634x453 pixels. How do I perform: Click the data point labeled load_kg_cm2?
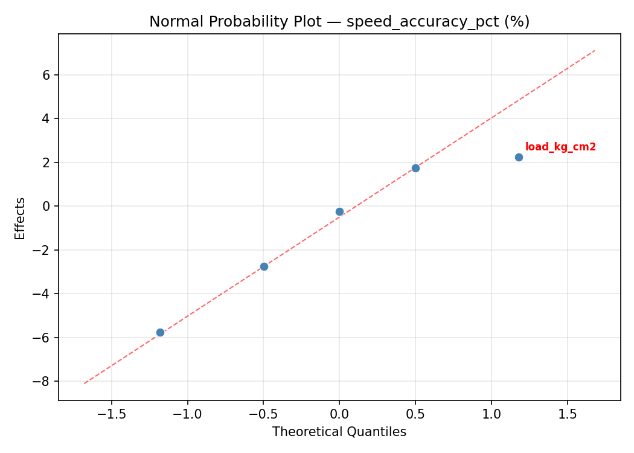click(x=519, y=157)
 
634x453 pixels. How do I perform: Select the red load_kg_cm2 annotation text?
click(x=560, y=147)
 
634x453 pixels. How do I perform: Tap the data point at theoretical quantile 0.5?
click(x=415, y=168)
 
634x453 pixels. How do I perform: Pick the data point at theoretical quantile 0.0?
click(x=339, y=211)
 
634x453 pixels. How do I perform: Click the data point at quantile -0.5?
click(x=264, y=266)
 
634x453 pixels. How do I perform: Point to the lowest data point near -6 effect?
click(x=160, y=332)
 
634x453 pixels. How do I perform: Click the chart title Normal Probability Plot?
click(x=339, y=22)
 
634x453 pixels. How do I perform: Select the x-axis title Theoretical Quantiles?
click(x=339, y=432)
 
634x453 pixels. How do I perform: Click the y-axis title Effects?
click(x=21, y=218)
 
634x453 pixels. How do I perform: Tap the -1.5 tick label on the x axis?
click(x=111, y=414)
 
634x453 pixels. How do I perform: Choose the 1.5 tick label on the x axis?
click(x=567, y=414)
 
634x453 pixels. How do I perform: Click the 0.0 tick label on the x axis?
click(x=339, y=414)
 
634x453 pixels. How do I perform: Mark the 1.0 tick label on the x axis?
click(x=492, y=414)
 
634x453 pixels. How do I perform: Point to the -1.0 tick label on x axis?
click(x=187, y=414)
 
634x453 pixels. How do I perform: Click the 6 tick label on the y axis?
click(x=45, y=75)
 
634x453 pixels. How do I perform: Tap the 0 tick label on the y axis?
click(x=45, y=206)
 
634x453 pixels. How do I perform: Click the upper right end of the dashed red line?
click(x=595, y=51)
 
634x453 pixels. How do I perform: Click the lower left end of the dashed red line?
click(x=85, y=383)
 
